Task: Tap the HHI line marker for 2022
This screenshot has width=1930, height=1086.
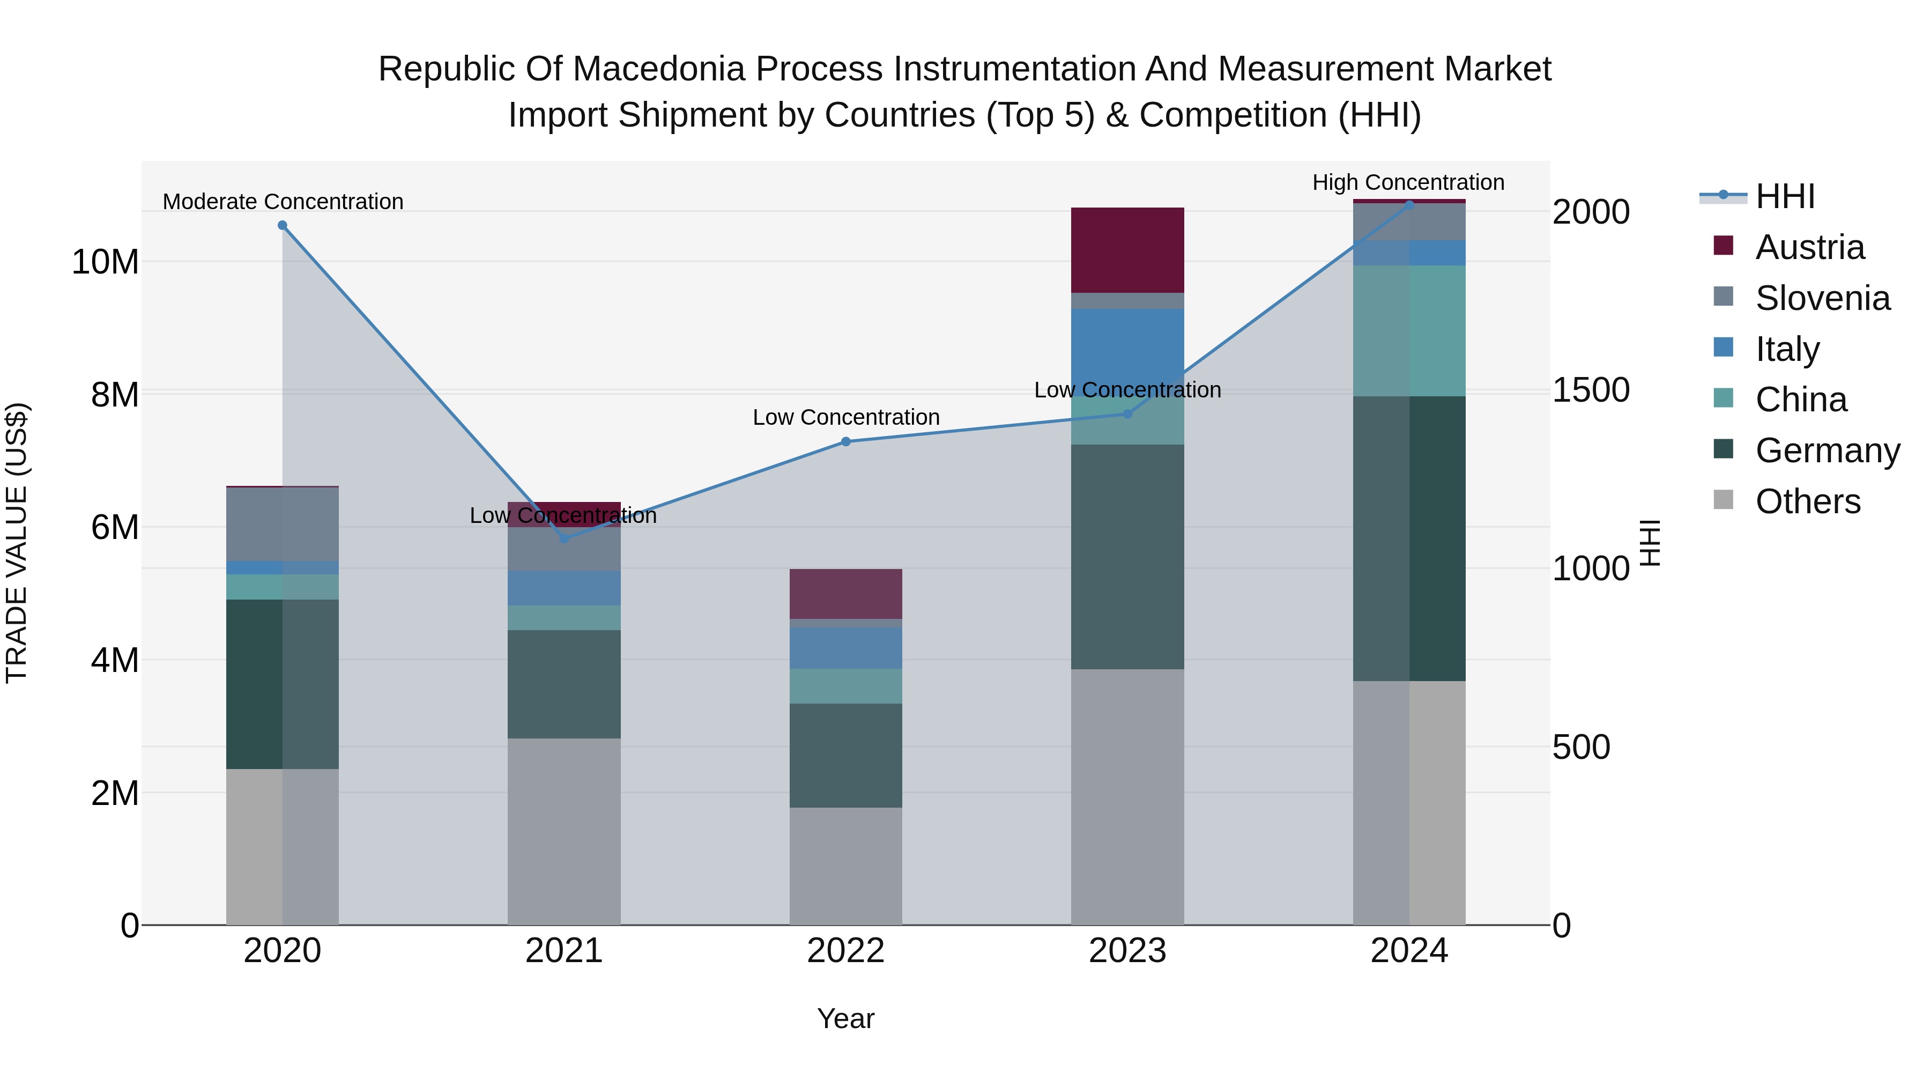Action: click(x=846, y=441)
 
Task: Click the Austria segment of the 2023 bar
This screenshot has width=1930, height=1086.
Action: click(x=1127, y=250)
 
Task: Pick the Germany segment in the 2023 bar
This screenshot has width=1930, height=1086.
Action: click(x=1127, y=556)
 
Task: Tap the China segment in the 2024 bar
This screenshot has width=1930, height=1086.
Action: click(x=1409, y=330)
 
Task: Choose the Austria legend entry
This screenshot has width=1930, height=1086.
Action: click(x=1809, y=247)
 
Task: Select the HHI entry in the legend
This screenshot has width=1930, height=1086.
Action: click(x=1785, y=196)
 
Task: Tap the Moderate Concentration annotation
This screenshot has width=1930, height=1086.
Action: click(x=283, y=202)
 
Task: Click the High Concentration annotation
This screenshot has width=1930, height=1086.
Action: click(x=1408, y=182)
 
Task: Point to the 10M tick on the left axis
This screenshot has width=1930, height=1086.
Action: click(x=105, y=262)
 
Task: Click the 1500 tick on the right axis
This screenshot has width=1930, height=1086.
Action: click(x=1590, y=390)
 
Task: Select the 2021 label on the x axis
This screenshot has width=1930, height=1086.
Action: click(x=563, y=951)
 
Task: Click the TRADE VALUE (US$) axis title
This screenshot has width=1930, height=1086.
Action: click(x=17, y=543)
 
